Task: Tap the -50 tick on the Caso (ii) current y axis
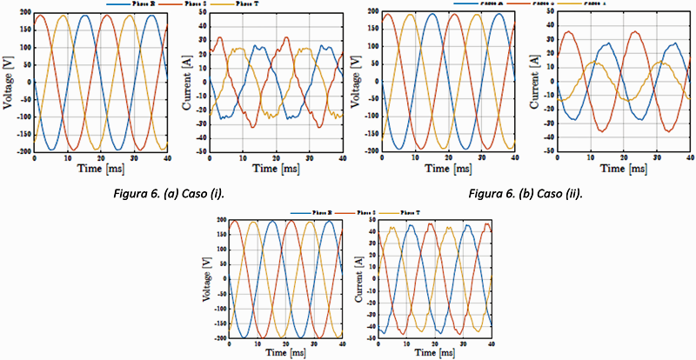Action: pos(548,151)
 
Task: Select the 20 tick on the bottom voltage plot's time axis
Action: pos(285,343)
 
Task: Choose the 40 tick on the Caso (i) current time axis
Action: pos(341,157)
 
